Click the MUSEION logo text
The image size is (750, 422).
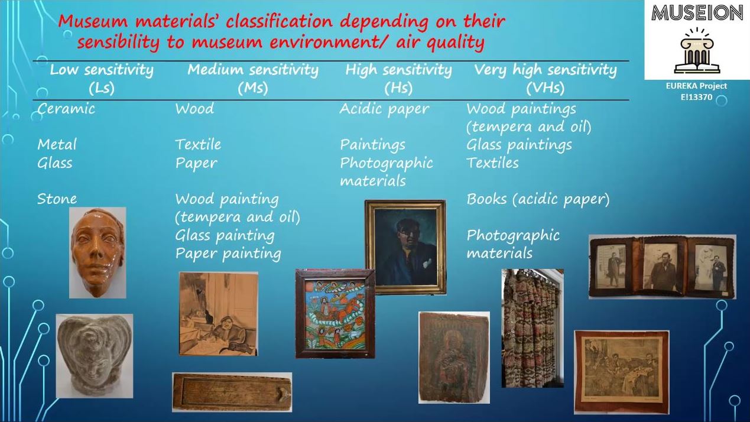697,13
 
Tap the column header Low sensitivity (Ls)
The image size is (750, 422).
102,79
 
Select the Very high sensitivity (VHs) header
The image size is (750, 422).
545,79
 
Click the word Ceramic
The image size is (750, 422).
66,109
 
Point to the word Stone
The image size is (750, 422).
57,199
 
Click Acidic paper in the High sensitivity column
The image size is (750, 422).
384,109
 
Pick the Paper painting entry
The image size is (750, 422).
228,254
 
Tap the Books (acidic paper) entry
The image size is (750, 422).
538,199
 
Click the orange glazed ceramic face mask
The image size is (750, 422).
98,253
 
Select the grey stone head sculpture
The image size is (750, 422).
95,356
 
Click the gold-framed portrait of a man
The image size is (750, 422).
405,247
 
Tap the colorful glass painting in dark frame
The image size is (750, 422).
335,313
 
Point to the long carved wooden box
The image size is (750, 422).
232,392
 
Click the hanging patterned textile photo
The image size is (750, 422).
533,328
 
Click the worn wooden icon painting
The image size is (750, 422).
454,358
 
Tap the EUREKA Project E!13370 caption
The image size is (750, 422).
696,92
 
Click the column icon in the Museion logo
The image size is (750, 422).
697,51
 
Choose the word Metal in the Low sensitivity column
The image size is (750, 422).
57,145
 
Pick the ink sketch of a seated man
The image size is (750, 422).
219,313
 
